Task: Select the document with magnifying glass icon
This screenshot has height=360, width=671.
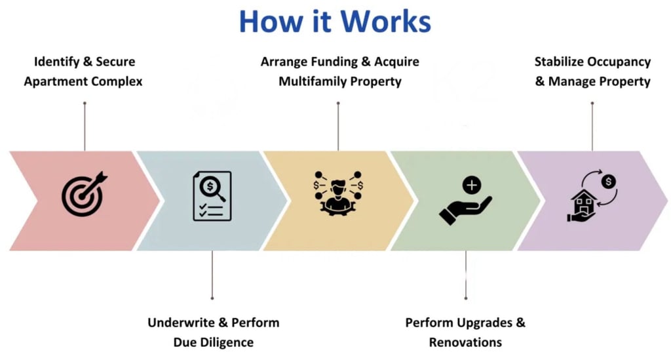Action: click(x=212, y=196)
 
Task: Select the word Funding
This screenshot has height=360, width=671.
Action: click(x=330, y=62)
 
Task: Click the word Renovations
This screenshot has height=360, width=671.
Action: click(x=465, y=342)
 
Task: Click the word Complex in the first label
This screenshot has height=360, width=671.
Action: click(x=117, y=82)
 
